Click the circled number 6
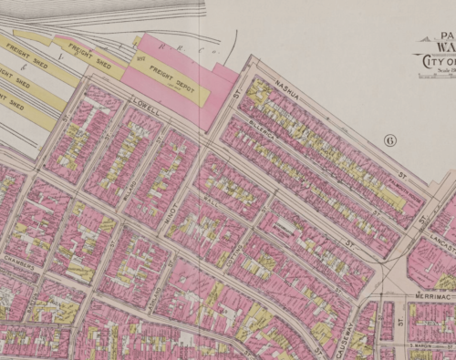[x=389, y=140]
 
